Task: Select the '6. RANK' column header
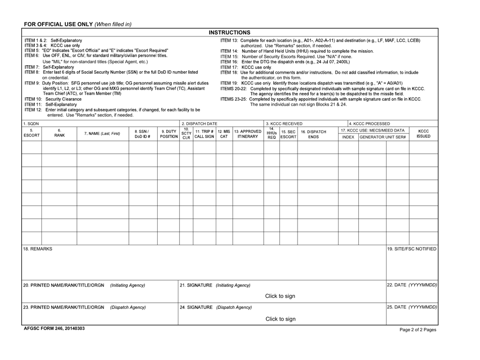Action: (x=59, y=133)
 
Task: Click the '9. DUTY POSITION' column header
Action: (x=168, y=133)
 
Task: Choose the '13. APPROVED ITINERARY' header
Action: (x=247, y=133)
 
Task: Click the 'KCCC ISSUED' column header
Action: (x=423, y=133)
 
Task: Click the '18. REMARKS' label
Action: (x=37, y=249)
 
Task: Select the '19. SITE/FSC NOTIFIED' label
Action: (x=412, y=249)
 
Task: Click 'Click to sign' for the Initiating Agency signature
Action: (x=280, y=296)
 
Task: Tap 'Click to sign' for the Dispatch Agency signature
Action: (x=280, y=319)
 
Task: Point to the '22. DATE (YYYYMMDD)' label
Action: (x=412, y=285)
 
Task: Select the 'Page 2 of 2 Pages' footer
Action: (x=417, y=329)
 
